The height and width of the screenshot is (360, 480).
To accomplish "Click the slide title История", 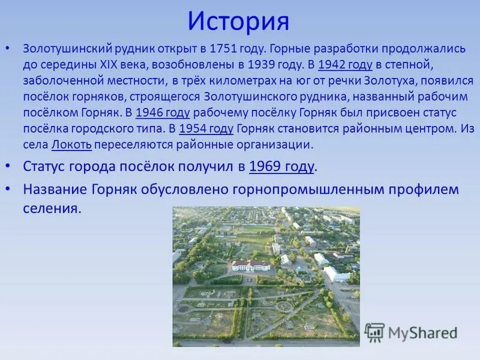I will [x=238, y=22].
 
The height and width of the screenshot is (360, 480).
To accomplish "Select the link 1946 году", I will [x=163, y=113].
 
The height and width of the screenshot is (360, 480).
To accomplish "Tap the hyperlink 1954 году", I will [x=206, y=128].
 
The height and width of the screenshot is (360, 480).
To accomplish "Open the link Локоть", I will [x=71, y=144].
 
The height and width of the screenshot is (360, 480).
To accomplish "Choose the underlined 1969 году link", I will [x=281, y=166].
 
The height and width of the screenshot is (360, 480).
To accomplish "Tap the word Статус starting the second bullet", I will [x=47, y=166].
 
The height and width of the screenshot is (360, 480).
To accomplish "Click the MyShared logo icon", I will [x=375, y=332].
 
